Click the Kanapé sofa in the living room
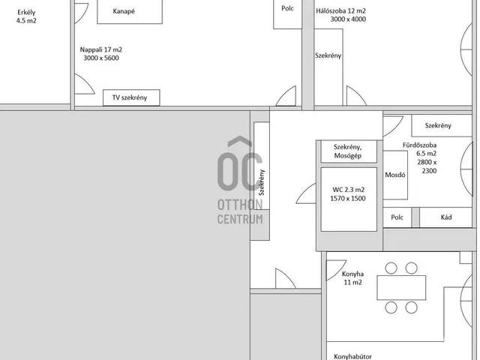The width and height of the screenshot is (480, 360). pos(130,12)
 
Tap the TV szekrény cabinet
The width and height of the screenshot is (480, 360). pos(131,97)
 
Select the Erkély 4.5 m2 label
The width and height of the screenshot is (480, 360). pos(26,16)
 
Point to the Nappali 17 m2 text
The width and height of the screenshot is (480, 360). pos(101,49)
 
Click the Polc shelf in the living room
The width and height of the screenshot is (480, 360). pos(287,14)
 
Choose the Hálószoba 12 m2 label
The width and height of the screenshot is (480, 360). pos(340,11)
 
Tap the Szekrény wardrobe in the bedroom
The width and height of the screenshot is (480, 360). pos(328,67)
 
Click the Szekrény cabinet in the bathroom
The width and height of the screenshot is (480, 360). pos(442,125)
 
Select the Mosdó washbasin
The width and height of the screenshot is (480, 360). pos(395,175)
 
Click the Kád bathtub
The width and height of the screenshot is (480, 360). pos(445,217)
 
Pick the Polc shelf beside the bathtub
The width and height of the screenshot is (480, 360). pos(397,217)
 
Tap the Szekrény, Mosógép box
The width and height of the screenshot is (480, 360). pos(349,151)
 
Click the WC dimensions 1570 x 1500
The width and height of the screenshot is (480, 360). pos(348,198)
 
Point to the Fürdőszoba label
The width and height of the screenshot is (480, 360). pos(420,145)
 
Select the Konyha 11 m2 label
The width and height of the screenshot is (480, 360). pos(352,278)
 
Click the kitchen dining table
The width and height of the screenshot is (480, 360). pos(401,288)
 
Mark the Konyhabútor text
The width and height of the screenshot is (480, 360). pos(352,357)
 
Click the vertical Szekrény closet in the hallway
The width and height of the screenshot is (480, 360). pos(262,166)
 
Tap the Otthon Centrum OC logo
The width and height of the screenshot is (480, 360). pos(240,181)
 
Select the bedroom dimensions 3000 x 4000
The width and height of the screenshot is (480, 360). pos(348,19)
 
